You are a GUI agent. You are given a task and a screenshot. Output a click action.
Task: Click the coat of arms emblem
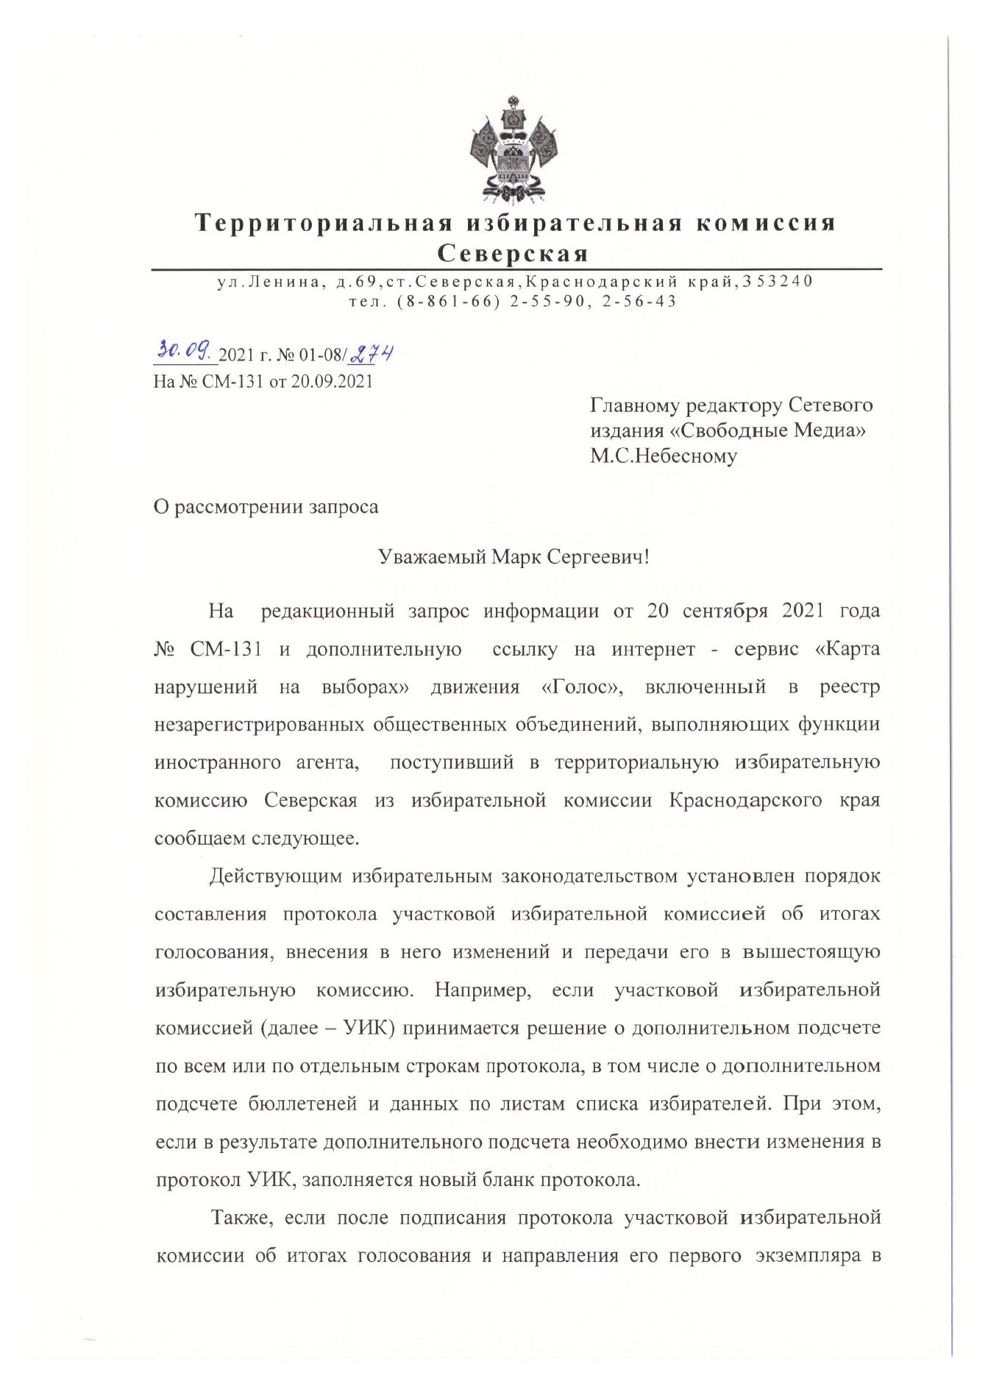513,149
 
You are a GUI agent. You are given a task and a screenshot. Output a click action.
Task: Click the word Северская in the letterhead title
513,254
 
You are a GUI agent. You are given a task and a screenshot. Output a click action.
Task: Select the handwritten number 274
372,354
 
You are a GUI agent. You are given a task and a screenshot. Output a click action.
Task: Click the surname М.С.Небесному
663,456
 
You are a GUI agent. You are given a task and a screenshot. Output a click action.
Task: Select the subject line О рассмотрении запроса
266,507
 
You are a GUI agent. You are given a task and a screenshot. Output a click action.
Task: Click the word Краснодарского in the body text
745,801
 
